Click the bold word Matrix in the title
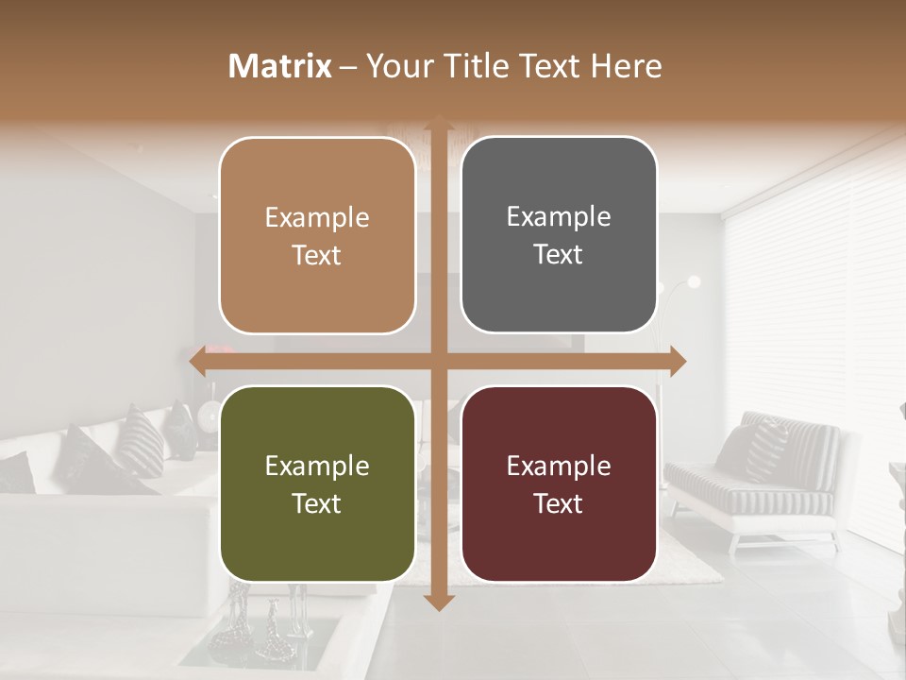280,66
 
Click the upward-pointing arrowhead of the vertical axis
438,124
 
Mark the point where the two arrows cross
438,361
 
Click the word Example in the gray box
559,217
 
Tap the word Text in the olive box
317,504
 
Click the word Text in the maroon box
559,504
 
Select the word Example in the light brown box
317,218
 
